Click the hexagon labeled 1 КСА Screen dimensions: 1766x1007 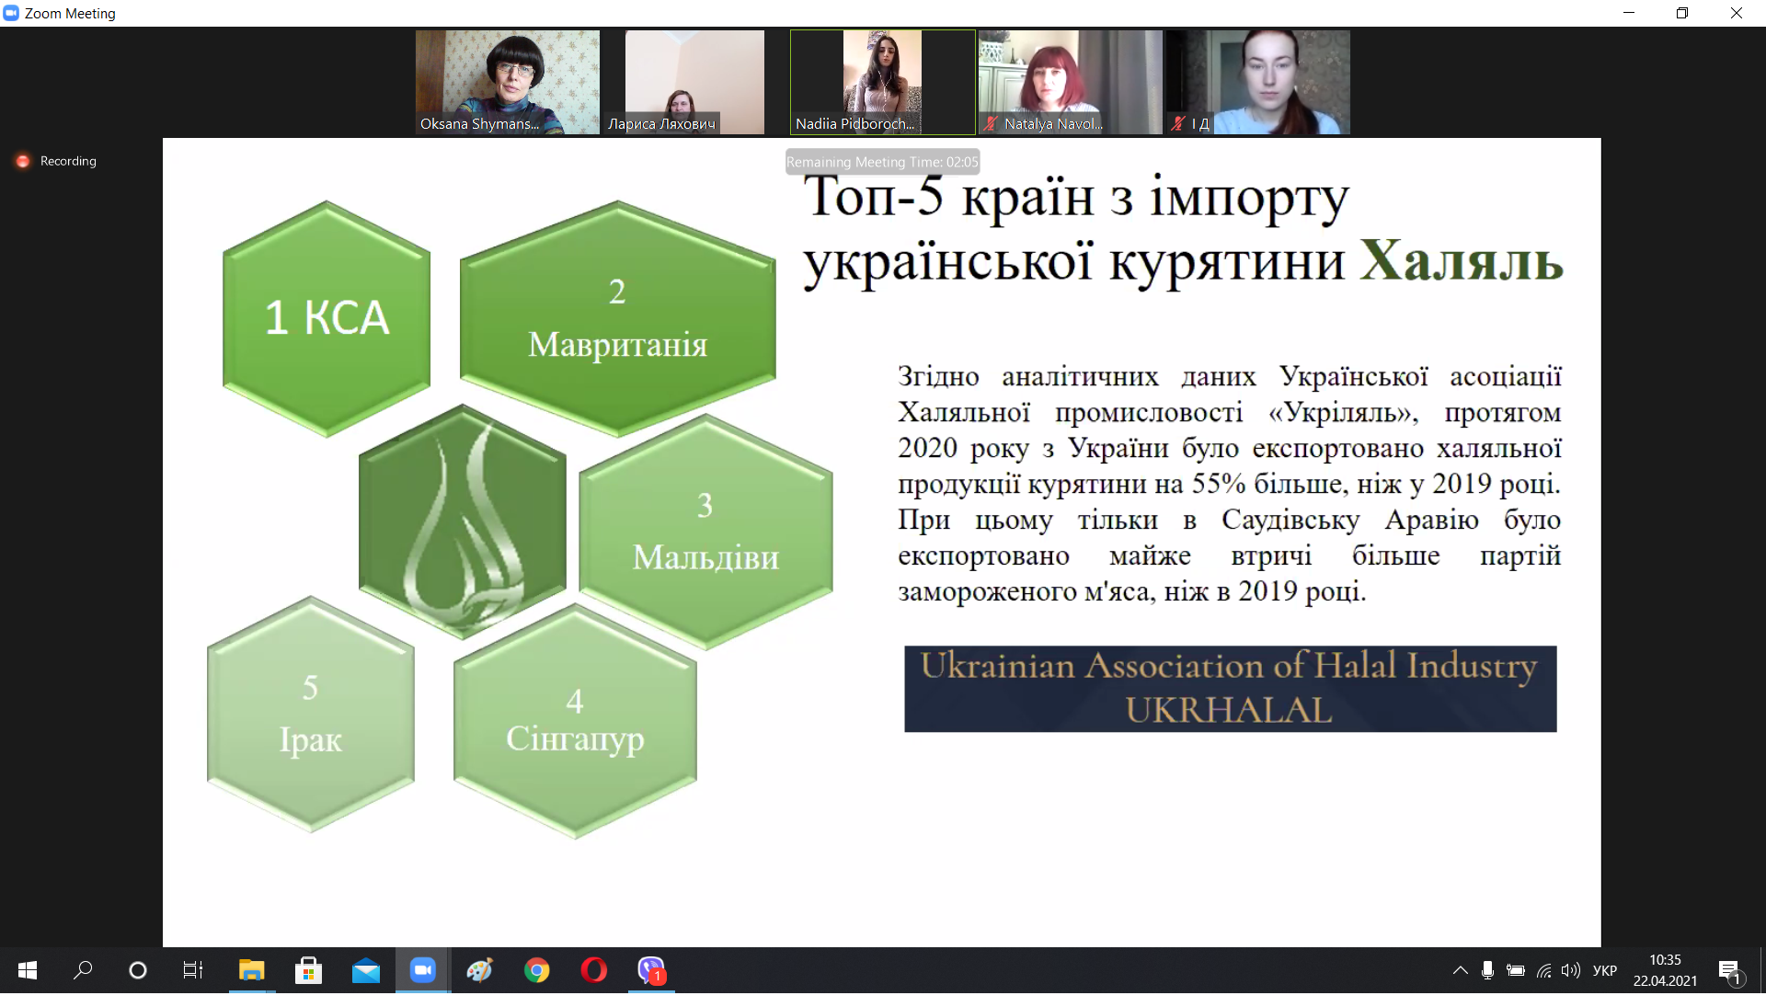[x=327, y=318]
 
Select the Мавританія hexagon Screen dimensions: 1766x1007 [x=617, y=318]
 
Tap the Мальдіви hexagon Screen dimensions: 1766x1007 [x=705, y=532]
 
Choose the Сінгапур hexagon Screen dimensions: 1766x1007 [x=575, y=721]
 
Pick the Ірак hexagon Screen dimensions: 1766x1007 [x=311, y=714]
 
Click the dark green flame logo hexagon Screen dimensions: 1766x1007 [x=462, y=521]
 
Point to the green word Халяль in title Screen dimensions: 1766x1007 [x=1461, y=261]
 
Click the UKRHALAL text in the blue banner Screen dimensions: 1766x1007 [x=1229, y=710]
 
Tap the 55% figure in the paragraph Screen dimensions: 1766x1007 [x=1219, y=484]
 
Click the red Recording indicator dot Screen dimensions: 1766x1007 [x=23, y=161]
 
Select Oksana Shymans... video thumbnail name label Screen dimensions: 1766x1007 [x=479, y=124]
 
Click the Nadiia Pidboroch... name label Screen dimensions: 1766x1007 [x=854, y=124]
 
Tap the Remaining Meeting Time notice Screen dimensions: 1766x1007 [x=882, y=162]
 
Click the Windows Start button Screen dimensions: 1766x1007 [x=28, y=970]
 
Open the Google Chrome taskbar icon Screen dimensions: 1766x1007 [x=537, y=970]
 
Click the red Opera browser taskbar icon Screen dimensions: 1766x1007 [x=594, y=970]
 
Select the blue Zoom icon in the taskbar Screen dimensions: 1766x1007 [x=423, y=970]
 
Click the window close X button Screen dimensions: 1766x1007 [x=1737, y=13]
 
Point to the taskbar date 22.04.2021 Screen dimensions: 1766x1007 [x=1665, y=981]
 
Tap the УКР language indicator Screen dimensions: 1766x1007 [x=1605, y=970]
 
